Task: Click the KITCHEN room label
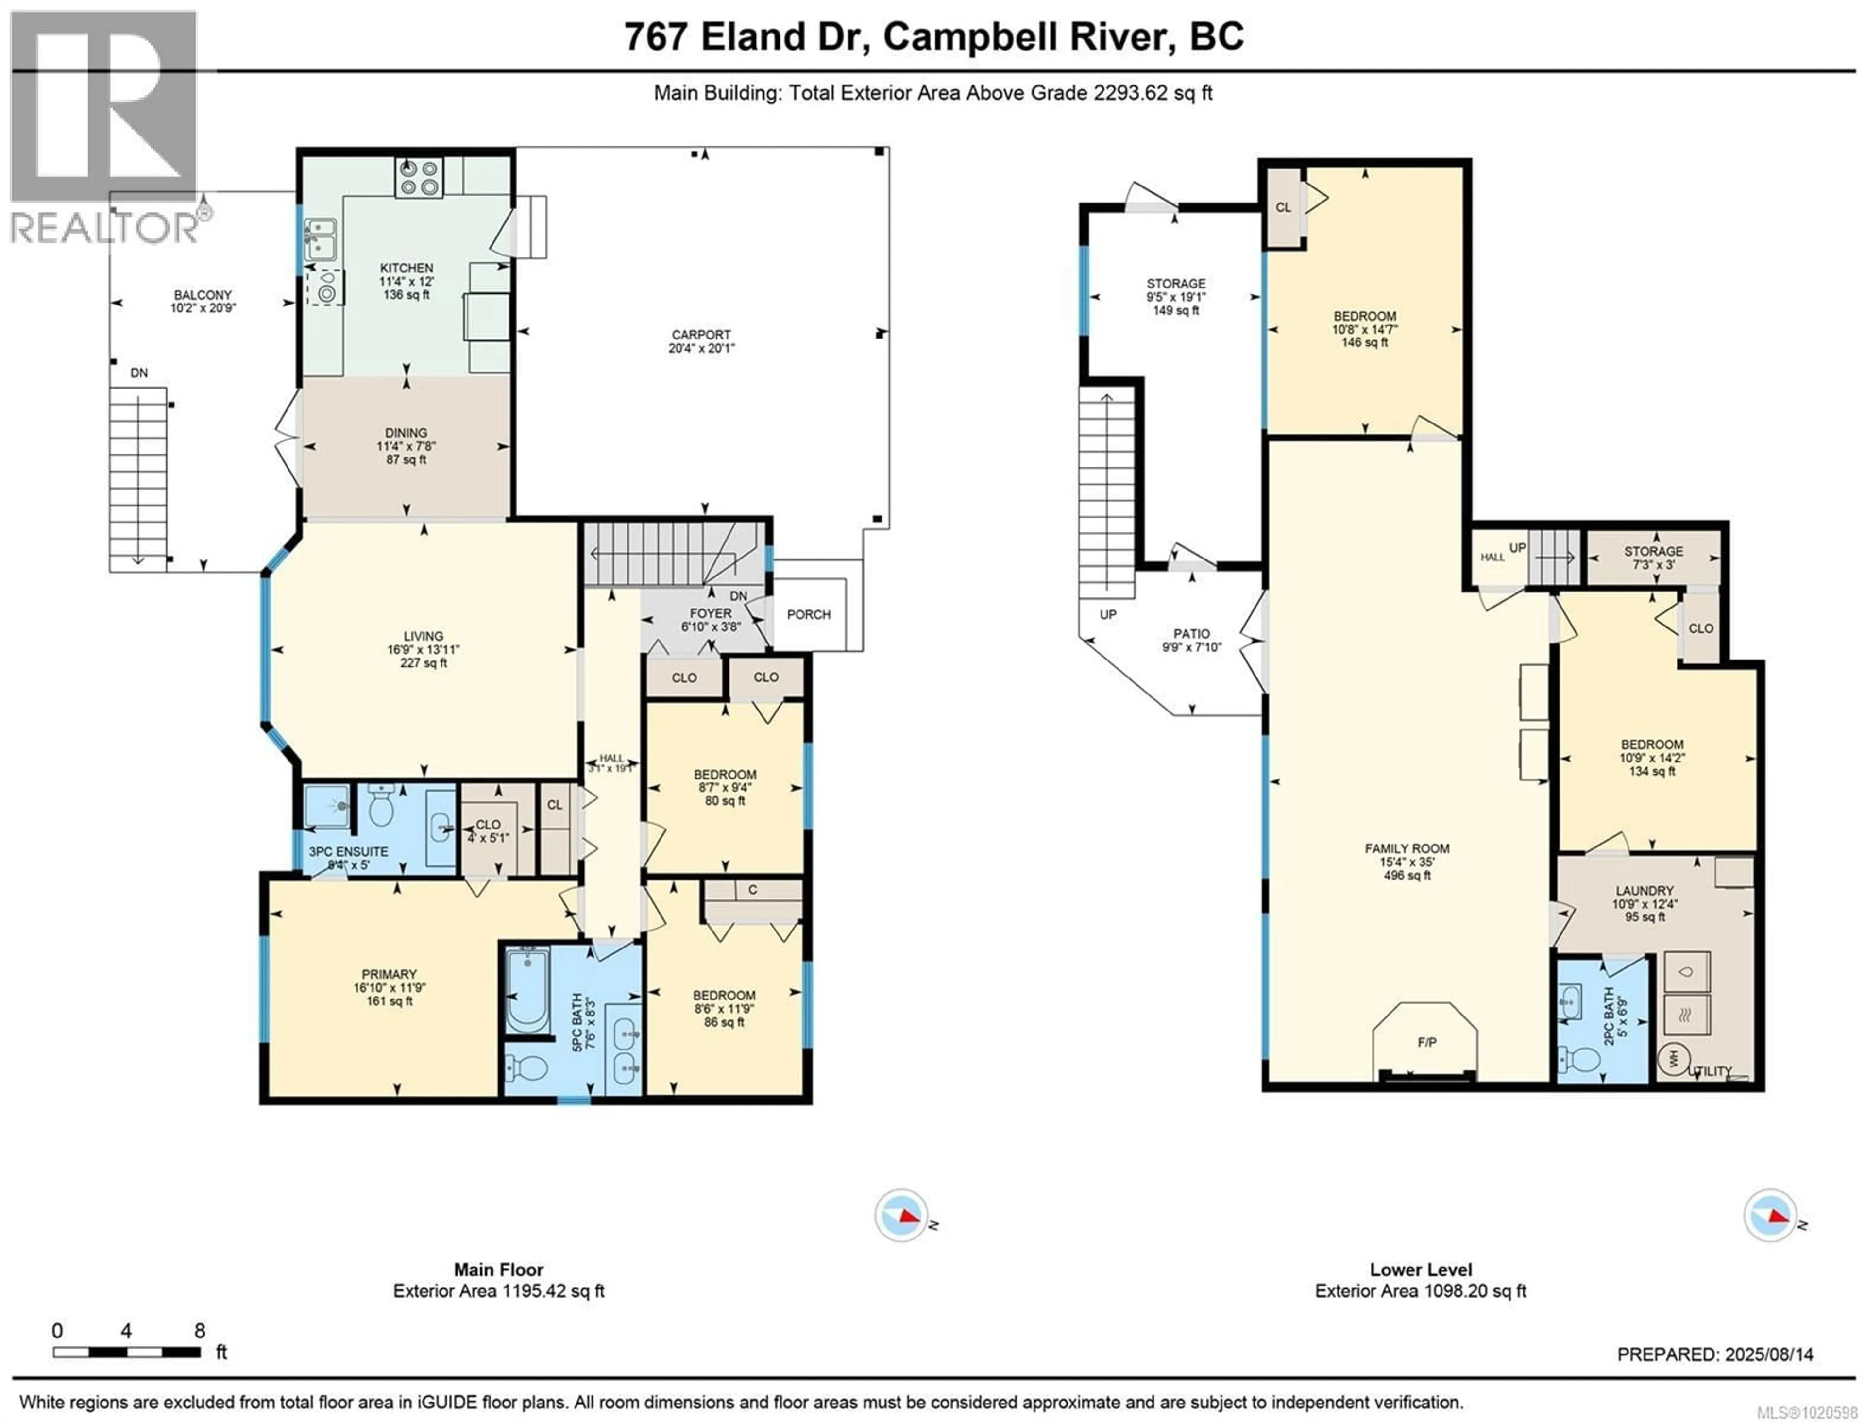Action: [x=407, y=268]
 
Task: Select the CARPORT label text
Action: [x=701, y=335]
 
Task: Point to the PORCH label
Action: [x=809, y=614]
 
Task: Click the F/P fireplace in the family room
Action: [x=1426, y=1042]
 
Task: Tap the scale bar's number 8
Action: [x=200, y=1331]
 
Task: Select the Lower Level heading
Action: [x=1421, y=1270]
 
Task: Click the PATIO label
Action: [x=1191, y=633]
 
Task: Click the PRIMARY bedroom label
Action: [x=389, y=974]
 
